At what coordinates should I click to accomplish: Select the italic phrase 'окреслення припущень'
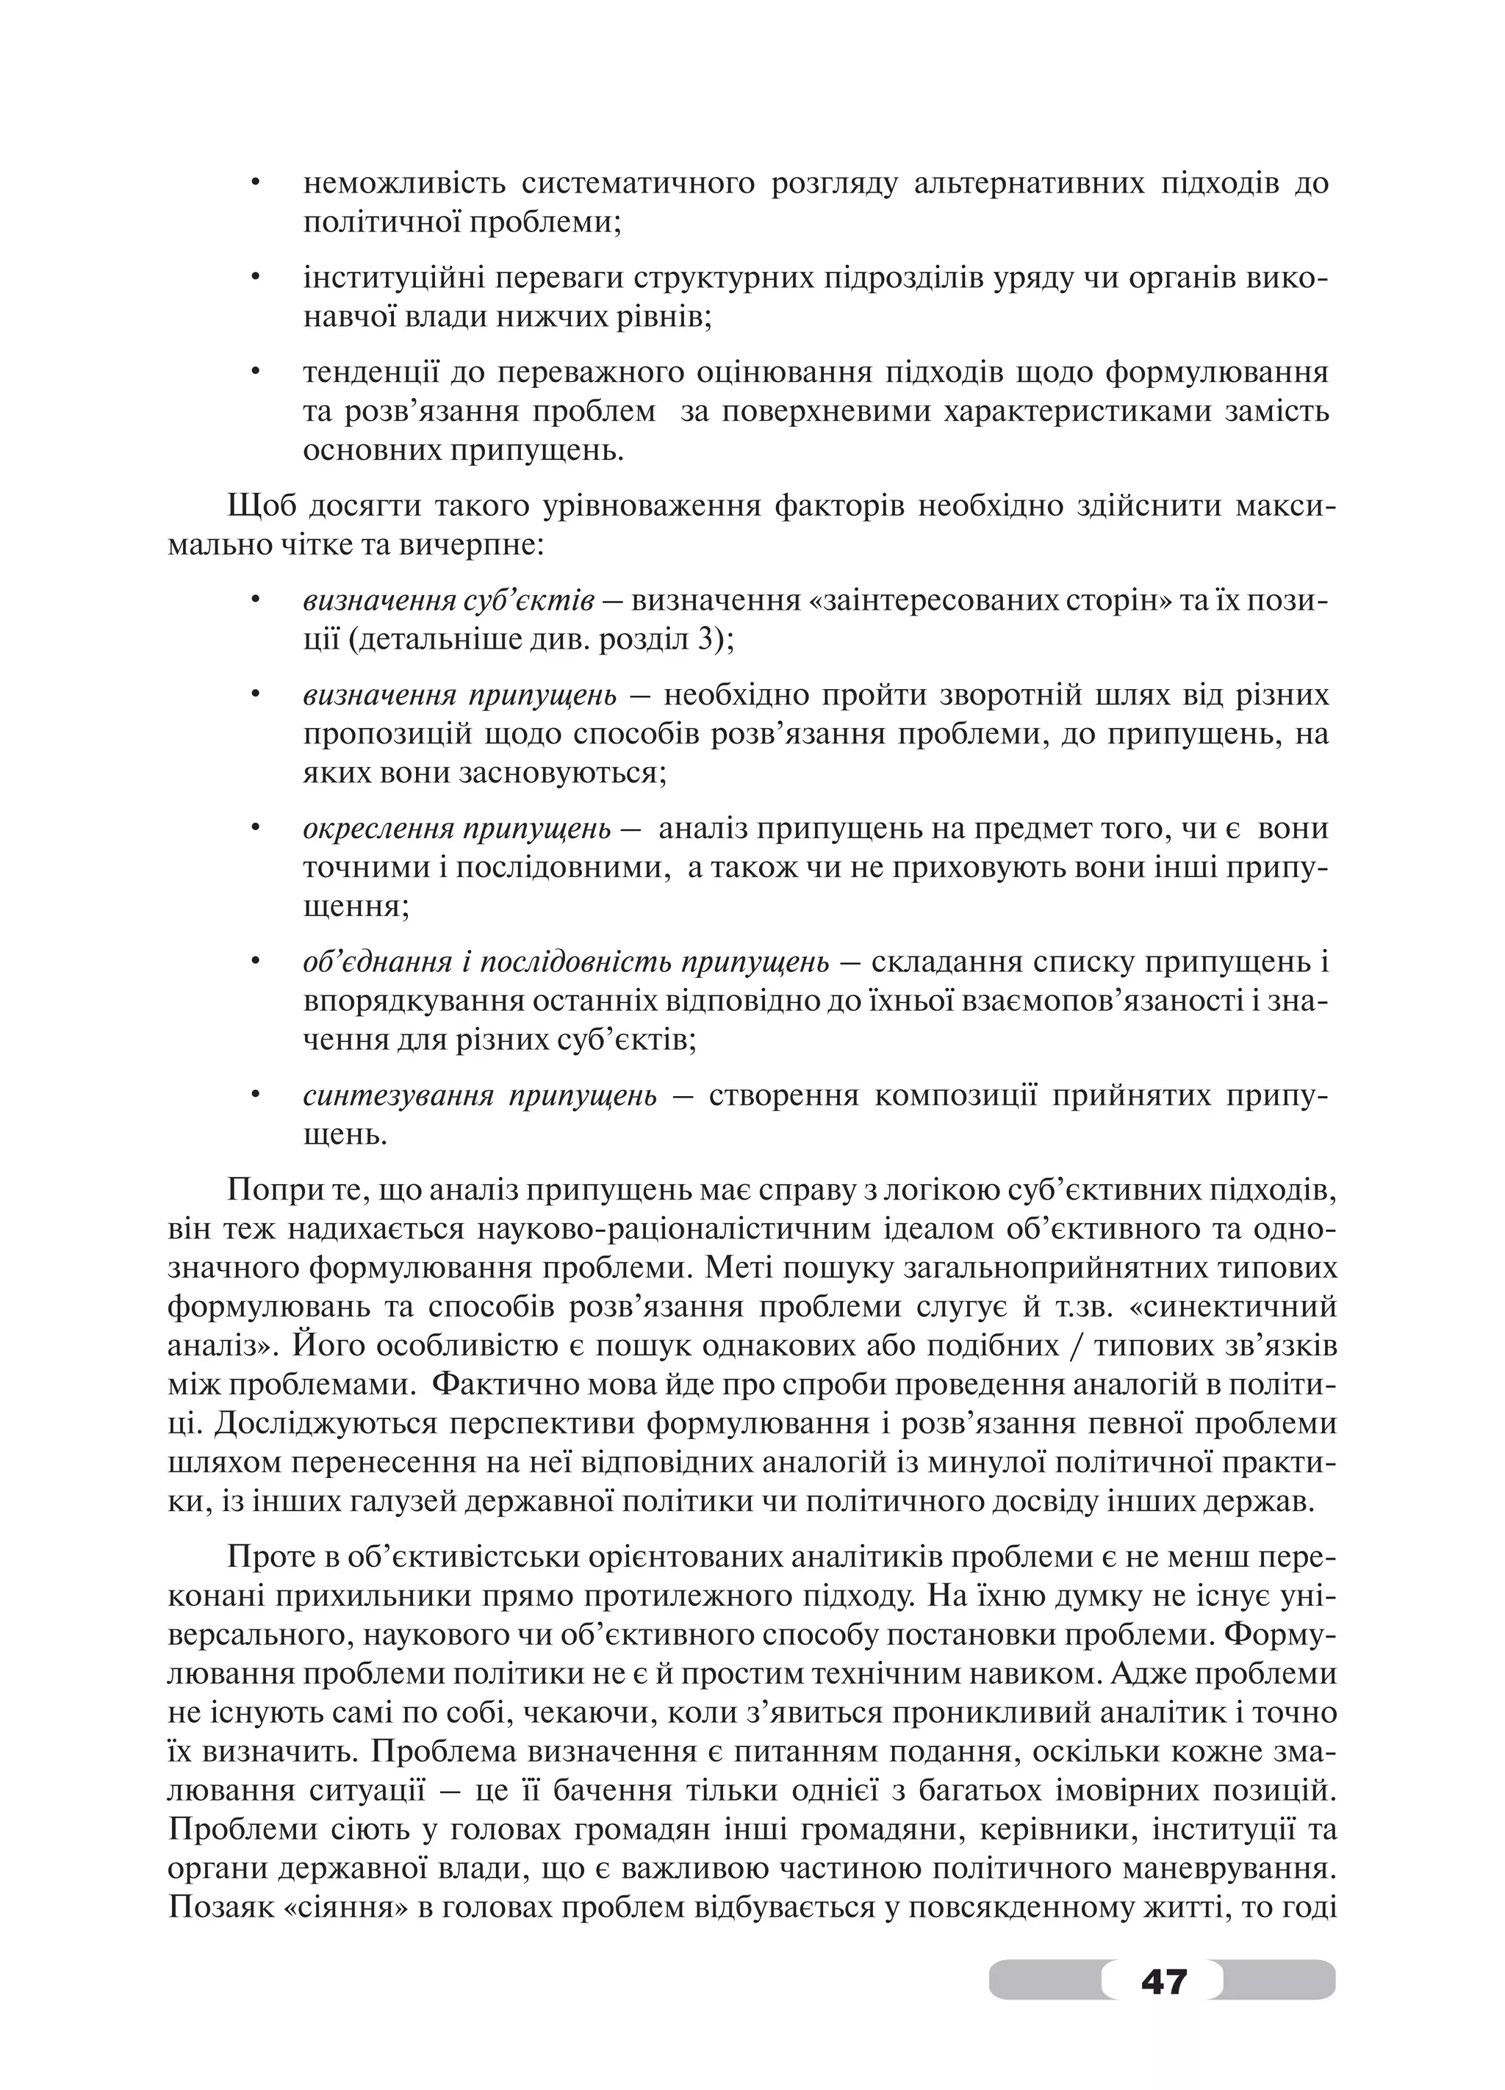point(456,829)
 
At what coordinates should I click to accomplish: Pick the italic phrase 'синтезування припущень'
point(479,1095)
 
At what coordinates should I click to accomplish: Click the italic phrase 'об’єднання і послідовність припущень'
point(566,963)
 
